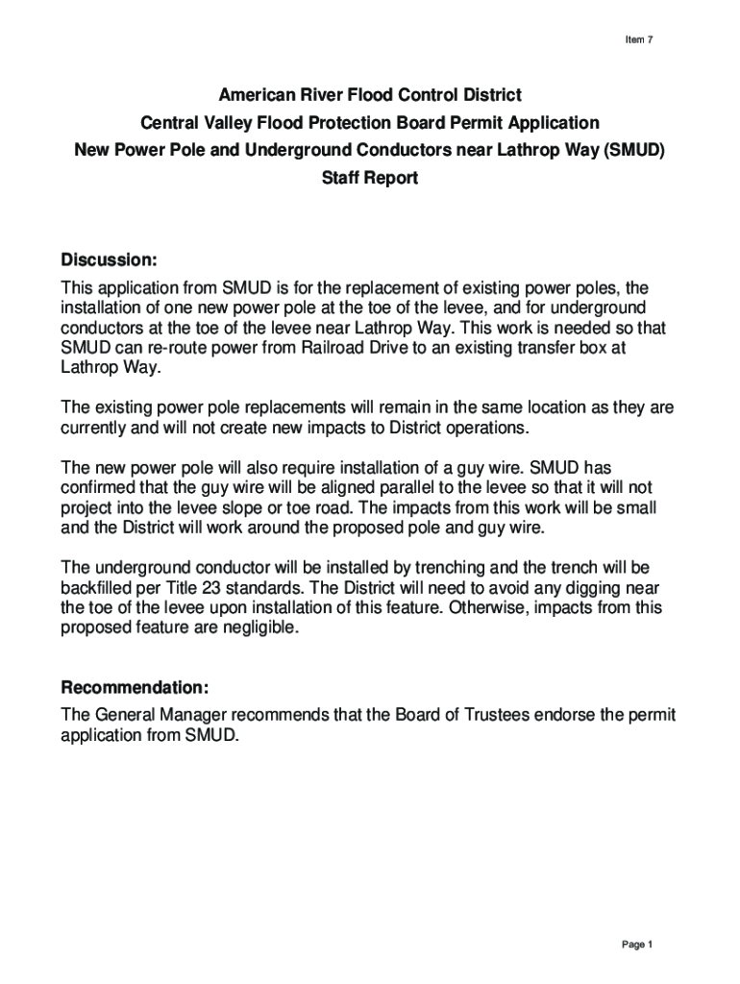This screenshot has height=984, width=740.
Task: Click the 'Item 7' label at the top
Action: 638,39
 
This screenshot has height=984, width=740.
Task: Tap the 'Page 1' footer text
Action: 637,945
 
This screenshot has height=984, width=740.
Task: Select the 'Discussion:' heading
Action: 109,260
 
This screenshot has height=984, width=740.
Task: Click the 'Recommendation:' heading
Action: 135,689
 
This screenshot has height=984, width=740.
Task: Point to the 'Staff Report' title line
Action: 370,179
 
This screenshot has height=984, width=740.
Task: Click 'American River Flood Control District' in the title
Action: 370,95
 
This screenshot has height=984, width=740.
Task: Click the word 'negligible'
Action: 260,627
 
